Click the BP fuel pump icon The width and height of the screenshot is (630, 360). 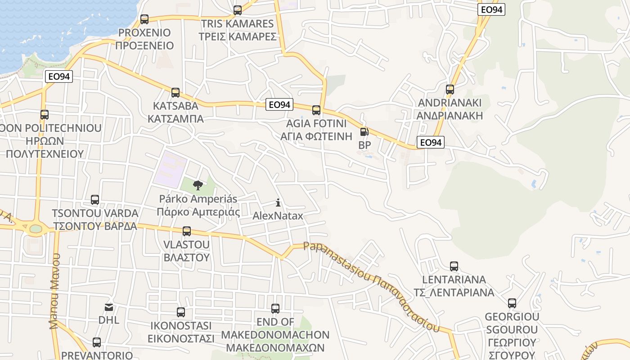tap(364, 132)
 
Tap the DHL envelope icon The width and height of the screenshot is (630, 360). tap(109, 307)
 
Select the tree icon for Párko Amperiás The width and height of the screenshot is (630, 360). tap(198, 185)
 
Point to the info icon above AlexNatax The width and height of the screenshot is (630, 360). tap(278, 202)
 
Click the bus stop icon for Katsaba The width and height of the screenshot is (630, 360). tap(175, 93)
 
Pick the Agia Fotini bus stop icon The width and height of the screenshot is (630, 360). tap(316, 110)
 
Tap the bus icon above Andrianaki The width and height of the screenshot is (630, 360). tap(450, 89)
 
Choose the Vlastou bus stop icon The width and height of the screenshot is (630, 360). tap(187, 231)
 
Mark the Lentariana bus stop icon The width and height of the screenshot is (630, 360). tap(454, 266)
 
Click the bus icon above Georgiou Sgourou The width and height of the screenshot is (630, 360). tap(512, 303)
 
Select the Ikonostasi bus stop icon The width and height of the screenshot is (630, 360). tap(181, 312)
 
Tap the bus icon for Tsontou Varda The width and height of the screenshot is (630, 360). tap(95, 199)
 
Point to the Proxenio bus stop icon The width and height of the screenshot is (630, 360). tap(144, 19)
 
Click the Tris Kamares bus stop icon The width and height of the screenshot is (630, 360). tap(238, 10)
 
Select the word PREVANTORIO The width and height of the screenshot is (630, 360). tap(97, 355)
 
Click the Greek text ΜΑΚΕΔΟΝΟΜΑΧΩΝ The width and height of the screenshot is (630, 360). tap(275, 348)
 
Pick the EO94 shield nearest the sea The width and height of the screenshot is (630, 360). tap(59, 76)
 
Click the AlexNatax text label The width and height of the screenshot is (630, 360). tap(278, 216)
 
